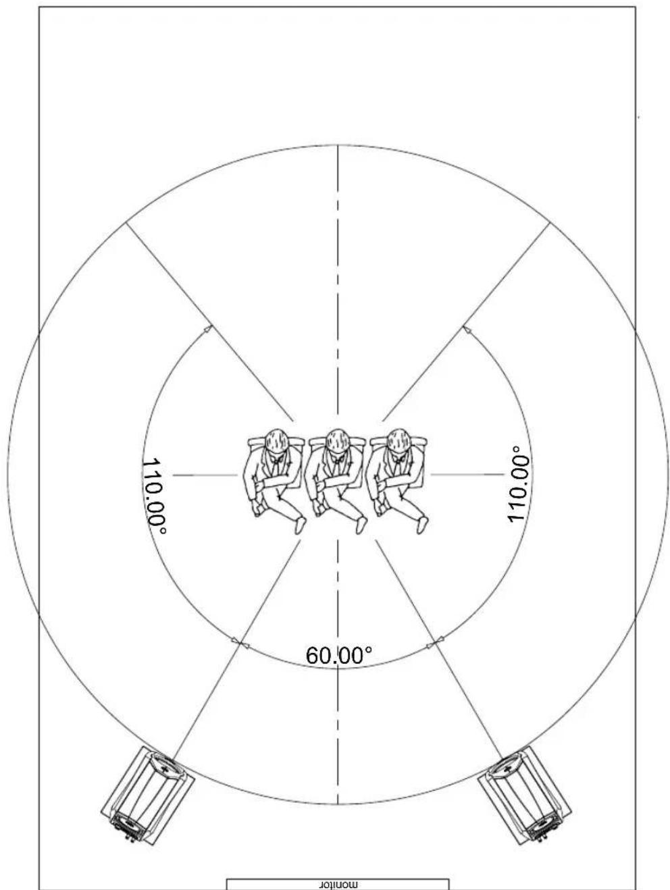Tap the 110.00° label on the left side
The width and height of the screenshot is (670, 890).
(x=154, y=496)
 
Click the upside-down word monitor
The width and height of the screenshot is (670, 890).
(x=338, y=885)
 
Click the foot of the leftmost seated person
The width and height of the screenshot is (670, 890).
(x=301, y=525)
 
